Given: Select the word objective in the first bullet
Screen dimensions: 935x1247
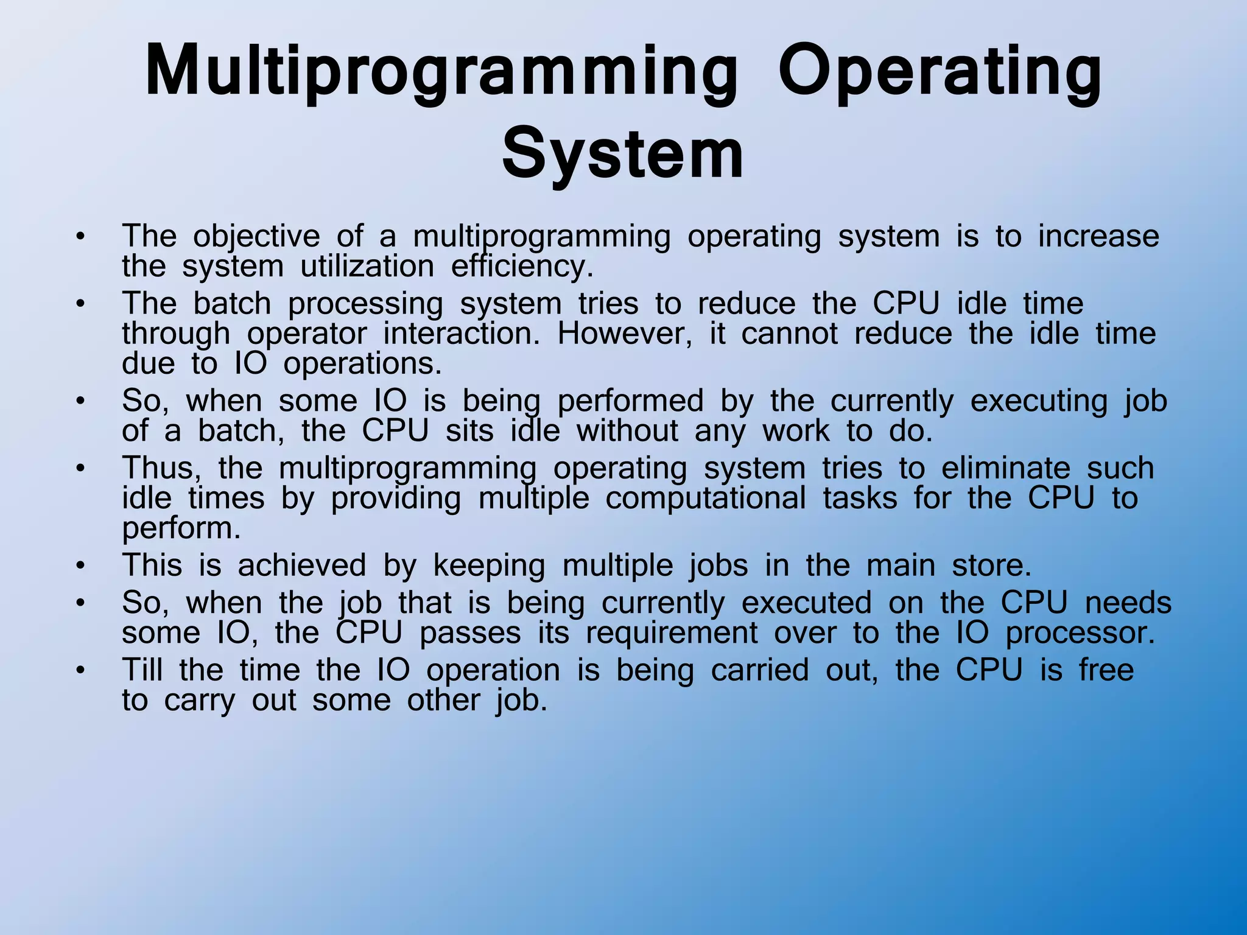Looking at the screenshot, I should (x=256, y=236).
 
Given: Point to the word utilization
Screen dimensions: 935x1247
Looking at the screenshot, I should (x=367, y=267).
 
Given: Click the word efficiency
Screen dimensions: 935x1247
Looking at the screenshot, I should (x=522, y=267).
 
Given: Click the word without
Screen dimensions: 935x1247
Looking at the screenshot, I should (x=627, y=432).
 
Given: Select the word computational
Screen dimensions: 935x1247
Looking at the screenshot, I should (x=706, y=499).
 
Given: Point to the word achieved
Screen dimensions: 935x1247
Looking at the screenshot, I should (x=302, y=566).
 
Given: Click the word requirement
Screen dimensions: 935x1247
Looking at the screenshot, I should (x=672, y=633).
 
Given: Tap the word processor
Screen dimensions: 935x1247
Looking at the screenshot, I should (x=1080, y=633).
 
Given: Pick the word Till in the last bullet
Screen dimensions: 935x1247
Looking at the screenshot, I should (x=142, y=670).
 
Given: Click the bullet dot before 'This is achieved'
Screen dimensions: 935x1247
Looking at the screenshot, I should (x=80, y=567).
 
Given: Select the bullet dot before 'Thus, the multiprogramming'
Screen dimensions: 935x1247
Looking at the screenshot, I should (x=80, y=469).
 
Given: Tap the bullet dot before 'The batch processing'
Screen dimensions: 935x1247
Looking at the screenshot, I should (x=80, y=304).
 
